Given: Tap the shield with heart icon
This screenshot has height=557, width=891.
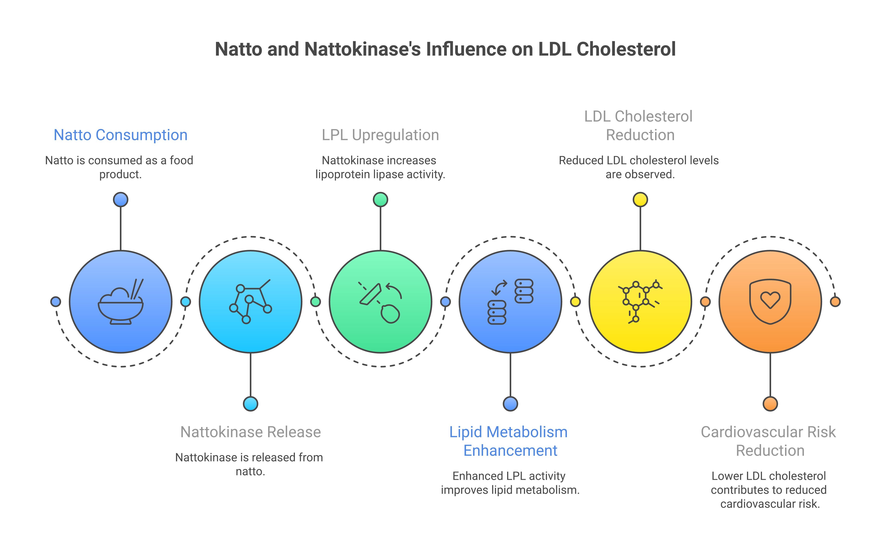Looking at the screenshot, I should click(770, 302).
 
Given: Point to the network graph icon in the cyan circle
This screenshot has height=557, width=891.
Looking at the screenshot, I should click(250, 301).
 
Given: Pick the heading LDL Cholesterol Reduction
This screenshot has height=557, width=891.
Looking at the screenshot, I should click(639, 126).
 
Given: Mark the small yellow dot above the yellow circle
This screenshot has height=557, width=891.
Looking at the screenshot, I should click(640, 200).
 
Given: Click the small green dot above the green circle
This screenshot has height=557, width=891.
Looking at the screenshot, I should click(380, 200).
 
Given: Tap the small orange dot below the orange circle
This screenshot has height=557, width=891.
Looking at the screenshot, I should click(770, 404).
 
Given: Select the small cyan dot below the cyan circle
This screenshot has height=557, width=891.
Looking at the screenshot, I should click(250, 404).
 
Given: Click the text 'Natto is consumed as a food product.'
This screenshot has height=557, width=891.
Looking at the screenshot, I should click(119, 167).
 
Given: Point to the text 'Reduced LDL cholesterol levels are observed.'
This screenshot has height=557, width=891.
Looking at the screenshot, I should click(639, 167).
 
